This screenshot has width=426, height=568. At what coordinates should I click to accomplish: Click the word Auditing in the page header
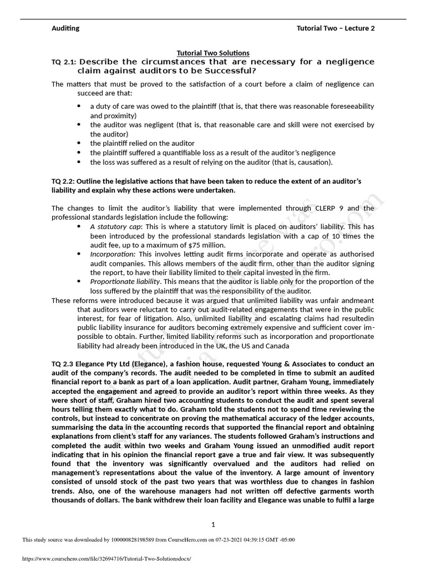pyautogui.click(x=65, y=28)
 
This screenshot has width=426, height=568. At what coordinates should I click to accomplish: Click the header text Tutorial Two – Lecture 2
pyautogui.click(x=336, y=28)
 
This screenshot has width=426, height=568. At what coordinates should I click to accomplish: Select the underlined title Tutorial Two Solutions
pyautogui.click(x=212, y=53)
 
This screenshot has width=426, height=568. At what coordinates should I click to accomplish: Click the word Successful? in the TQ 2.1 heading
pyautogui.click(x=233, y=71)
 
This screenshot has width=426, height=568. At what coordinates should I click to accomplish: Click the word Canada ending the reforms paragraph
pyautogui.click(x=276, y=346)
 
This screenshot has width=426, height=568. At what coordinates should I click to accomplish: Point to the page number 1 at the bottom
pyautogui.click(x=213, y=524)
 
